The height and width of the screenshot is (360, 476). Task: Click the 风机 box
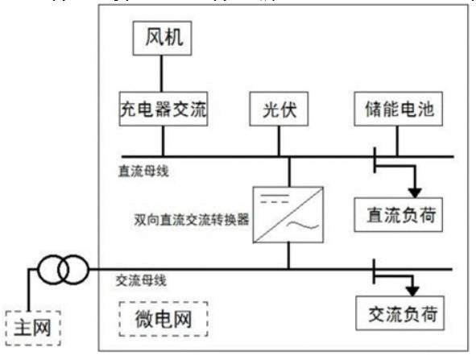point(163,37)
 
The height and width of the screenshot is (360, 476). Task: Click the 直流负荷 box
point(399,216)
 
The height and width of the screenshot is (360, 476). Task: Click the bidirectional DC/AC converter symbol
point(288,214)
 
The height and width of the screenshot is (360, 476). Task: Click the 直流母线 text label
point(143,171)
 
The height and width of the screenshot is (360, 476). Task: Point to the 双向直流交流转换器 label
point(191,218)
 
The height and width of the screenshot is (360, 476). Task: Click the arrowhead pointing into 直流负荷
point(416,192)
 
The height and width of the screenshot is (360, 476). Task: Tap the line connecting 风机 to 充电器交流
point(163,73)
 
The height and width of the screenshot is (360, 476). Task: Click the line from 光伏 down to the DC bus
point(279,141)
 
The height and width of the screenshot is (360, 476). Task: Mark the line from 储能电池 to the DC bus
point(397,141)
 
